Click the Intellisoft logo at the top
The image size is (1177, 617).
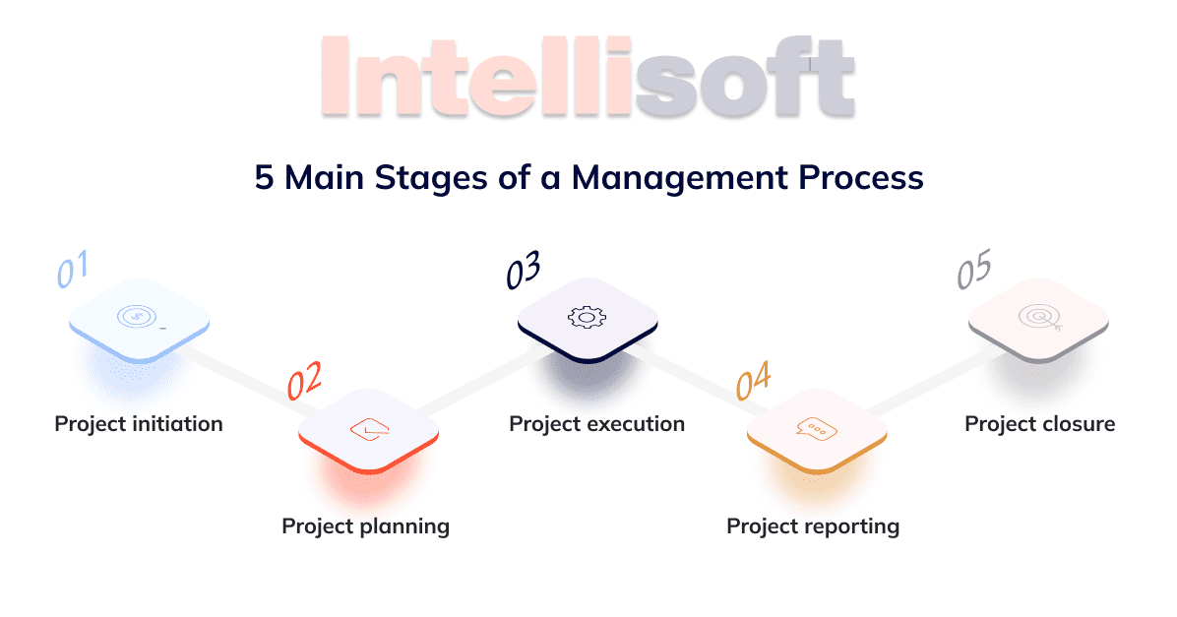(x=588, y=77)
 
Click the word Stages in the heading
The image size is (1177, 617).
(x=431, y=179)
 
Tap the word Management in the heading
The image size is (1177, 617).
(x=680, y=179)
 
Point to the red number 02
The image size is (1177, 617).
(x=305, y=380)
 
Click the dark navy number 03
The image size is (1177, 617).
(x=524, y=270)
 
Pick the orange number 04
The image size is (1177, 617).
(x=753, y=381)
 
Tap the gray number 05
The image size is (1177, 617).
(x=974, y=269)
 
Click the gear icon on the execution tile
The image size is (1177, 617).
(x=587, y=318)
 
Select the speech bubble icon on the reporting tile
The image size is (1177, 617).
(x=817, y=429)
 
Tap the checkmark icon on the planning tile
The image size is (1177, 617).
(x=369, y=429)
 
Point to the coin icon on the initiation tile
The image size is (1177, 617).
(x=138, y=316)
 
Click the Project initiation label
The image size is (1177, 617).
(x=139, y=424)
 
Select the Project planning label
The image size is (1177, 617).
(x=365, y=526)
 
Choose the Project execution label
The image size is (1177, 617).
(x=596, y=424)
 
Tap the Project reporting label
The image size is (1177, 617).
(x=813, y=526)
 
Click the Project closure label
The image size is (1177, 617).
(x=1039, y=424)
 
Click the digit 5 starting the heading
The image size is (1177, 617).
(x=264, y=178)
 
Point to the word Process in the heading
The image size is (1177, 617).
(x=861, y=178)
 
